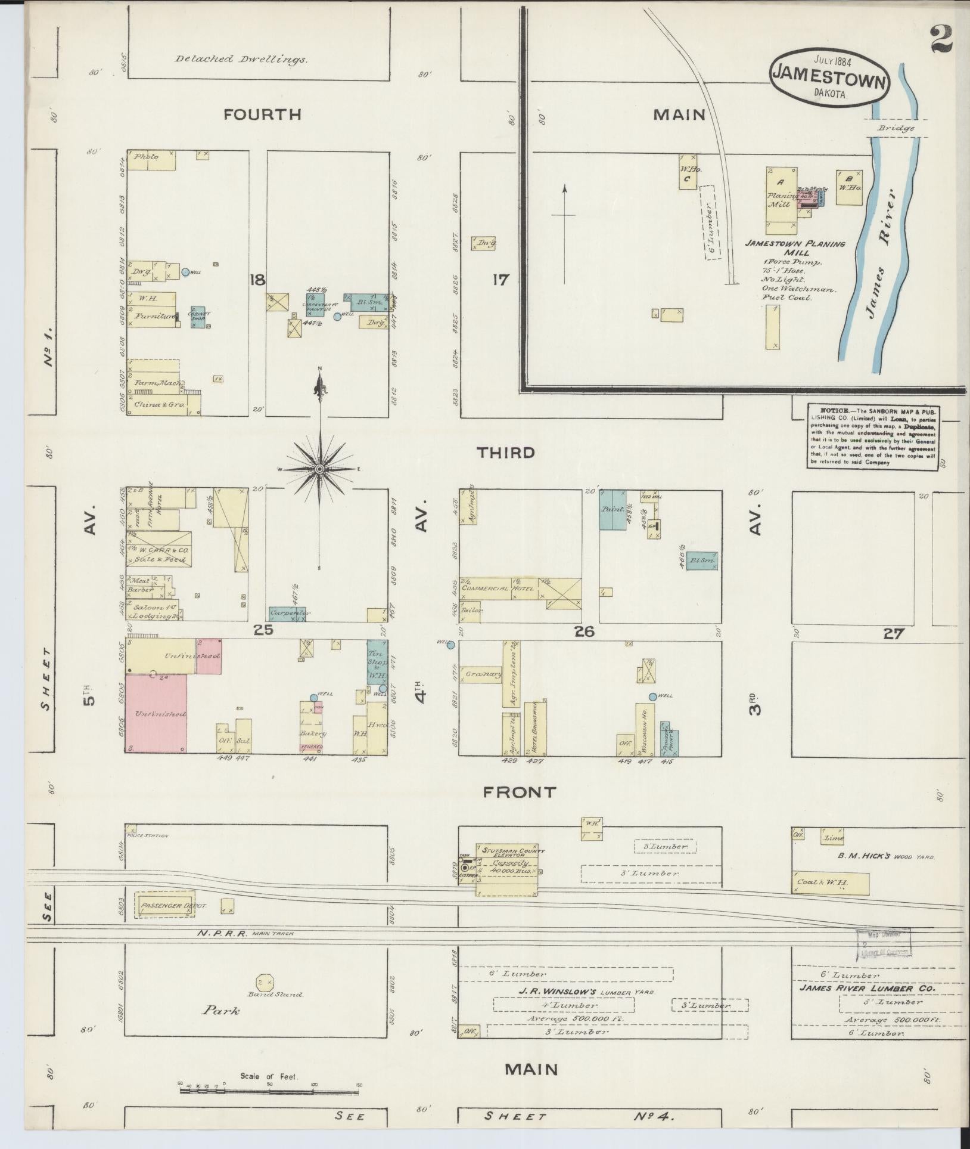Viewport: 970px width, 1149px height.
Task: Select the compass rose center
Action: coord(320,469)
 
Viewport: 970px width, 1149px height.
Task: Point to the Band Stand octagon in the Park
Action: coord(264,981)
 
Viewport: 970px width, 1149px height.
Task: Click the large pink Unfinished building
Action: coord(156,714)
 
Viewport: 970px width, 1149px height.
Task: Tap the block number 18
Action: coord(257,279)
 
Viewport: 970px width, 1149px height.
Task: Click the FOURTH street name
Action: coord(262,114)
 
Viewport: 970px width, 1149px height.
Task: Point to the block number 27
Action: coord(893,634)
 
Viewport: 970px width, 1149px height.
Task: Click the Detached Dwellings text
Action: coord(241,59)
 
